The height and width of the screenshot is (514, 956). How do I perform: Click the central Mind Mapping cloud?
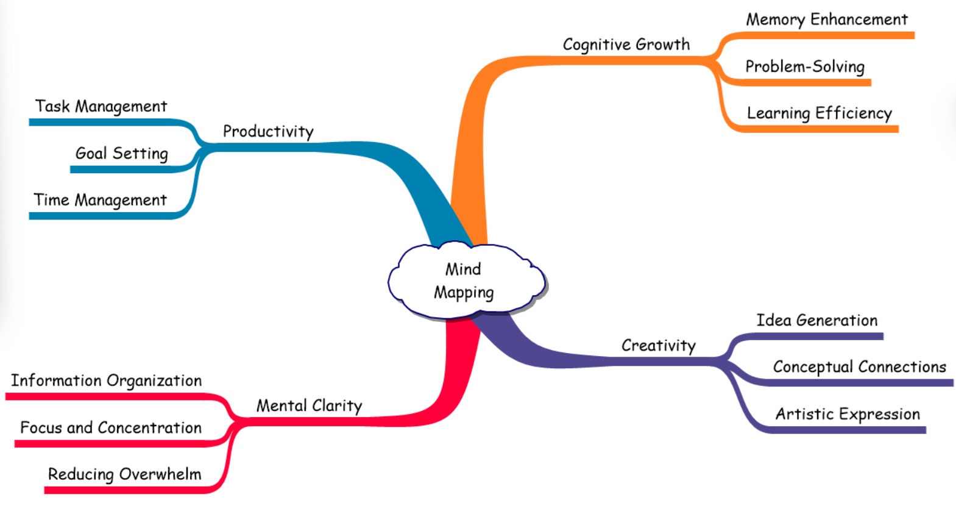point(466,280)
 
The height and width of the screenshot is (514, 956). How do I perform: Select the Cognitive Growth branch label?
point(626,45)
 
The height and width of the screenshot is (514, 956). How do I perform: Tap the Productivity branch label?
point(268,131)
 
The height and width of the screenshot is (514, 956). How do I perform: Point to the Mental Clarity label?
point(309,405)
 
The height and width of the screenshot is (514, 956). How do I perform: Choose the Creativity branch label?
point(658,346)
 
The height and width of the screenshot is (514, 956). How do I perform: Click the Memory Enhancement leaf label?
point(826,20)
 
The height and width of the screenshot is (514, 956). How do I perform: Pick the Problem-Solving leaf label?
point(804,66)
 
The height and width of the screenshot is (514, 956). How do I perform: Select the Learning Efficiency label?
point(819,113)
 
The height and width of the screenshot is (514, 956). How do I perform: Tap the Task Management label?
point(101,107)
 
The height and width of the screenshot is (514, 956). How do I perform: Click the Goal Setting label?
point(121,153)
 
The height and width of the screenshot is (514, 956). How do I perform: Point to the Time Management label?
point(100,200)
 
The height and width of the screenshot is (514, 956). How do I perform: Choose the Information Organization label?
point(106,380)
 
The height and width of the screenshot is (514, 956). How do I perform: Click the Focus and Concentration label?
point(110,427)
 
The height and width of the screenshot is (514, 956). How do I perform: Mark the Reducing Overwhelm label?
point(124,474)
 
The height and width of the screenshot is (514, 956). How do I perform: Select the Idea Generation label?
point(816,320)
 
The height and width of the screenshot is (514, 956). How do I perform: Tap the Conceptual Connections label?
point(859,366)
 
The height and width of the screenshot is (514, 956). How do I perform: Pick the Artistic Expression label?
point(847,414)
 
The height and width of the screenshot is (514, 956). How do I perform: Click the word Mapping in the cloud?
point(464,293)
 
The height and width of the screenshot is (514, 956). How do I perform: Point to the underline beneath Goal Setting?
point(122,170)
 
